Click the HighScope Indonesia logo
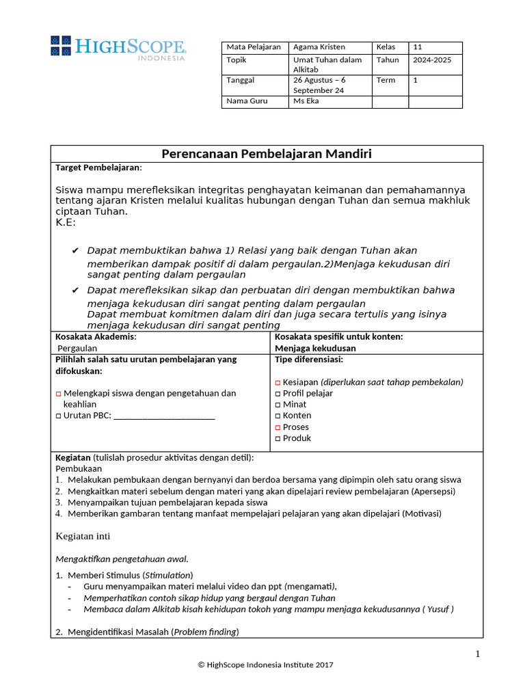(118, 46)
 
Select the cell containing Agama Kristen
(319, 47)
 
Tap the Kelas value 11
(418, 47)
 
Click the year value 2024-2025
(432, 60)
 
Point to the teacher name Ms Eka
(306, 101)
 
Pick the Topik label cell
(236, 60)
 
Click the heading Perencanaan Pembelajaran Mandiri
(267, 154)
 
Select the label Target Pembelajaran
(98, 167)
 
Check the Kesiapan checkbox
(278, 383)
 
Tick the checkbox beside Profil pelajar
(278, 394)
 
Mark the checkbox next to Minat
(278, 405)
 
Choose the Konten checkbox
(278, 416)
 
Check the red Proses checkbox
(278, 427)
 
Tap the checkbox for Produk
(278, 438)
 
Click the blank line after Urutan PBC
(164, 417)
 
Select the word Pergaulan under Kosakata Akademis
(78, 348)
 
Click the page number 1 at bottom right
(478, 654)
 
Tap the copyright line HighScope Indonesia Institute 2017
(266, 664)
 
